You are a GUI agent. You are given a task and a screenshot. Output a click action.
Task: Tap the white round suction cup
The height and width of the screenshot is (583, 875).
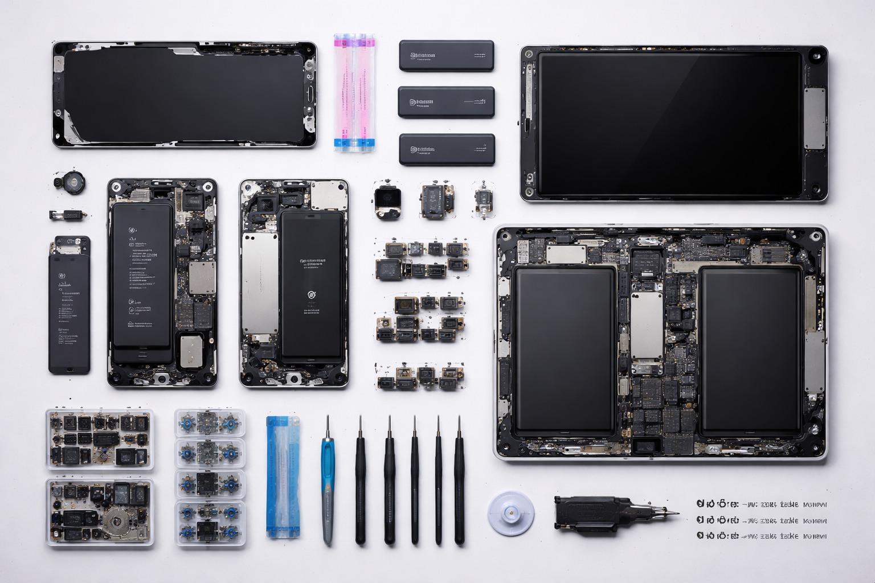[x=511, y=513]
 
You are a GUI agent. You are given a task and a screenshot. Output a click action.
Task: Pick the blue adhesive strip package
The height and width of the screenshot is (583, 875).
[x=283, y=477]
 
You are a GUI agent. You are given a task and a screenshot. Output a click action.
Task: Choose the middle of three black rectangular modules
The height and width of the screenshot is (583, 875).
[x=446, y=102]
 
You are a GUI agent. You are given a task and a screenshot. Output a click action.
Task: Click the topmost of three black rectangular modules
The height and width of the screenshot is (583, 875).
[x=446, y=56]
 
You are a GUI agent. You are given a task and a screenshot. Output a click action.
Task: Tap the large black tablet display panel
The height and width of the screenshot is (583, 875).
[x=669, y=124]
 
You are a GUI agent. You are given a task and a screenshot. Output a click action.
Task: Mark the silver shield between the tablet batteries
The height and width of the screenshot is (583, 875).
[x=647, y=326]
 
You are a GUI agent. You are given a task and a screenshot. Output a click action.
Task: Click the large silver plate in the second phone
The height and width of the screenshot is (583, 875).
[x=260, y=284]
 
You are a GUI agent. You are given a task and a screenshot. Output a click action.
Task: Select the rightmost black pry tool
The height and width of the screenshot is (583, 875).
[x=459, y=481]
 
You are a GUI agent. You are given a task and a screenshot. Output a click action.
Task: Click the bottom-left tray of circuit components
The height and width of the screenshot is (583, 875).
[x=100, y=512]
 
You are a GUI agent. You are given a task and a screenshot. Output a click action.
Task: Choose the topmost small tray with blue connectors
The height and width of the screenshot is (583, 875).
[x=210, y=423]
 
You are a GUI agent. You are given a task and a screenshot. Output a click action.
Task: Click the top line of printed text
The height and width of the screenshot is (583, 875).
[x=761, y=504]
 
